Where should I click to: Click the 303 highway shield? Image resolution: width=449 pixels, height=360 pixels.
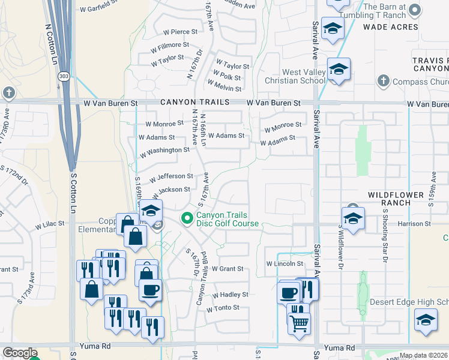coord(63,77)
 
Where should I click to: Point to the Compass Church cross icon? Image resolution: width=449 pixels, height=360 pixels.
coord(382,81)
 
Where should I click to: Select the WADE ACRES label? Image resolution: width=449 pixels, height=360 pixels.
coord(390,27)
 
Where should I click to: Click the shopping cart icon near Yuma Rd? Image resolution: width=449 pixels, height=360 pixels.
coord(300,324)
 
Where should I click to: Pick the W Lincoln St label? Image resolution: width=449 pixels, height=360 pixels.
coord(285,264)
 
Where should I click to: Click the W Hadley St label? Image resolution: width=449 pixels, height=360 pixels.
coord(230,295)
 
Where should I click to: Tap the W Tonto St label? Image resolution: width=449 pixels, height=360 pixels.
coord(223,308)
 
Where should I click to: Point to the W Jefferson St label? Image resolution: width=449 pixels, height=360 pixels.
coord(171,177)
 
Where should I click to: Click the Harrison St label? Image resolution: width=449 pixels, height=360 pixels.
coord(415,224)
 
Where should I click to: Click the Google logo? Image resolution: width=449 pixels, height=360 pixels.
coord(19,353)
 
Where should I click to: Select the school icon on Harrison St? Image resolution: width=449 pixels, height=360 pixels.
coord(353,218)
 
